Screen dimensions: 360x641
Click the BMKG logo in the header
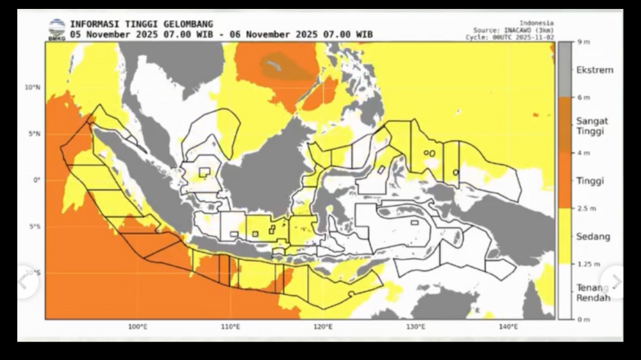tap(57, 29)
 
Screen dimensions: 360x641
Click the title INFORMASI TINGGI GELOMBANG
tap(142, 24)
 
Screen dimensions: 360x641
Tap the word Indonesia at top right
tap(537, 23)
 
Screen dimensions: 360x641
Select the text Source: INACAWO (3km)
tap(513, 30)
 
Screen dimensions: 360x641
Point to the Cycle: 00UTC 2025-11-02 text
tap(510, 38)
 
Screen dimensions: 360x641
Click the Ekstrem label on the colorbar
tap(594, 70)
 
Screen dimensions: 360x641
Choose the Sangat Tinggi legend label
tap(592, 126)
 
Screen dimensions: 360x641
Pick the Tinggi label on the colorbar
tap(590, 181)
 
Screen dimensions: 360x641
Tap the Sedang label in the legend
tap(593, 236)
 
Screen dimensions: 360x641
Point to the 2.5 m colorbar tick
tap(587, 209)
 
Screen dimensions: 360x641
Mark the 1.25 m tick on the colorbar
tap(588, 264)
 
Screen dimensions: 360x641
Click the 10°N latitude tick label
tap(33, 87)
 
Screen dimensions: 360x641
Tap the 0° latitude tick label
tap(37, 180)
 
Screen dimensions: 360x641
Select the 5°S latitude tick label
tap(34, 227)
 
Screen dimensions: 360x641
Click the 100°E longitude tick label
tap(138, 327)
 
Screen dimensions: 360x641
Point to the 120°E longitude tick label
tap(323, 327)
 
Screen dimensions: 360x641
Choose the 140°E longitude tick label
tap(508, 327)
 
